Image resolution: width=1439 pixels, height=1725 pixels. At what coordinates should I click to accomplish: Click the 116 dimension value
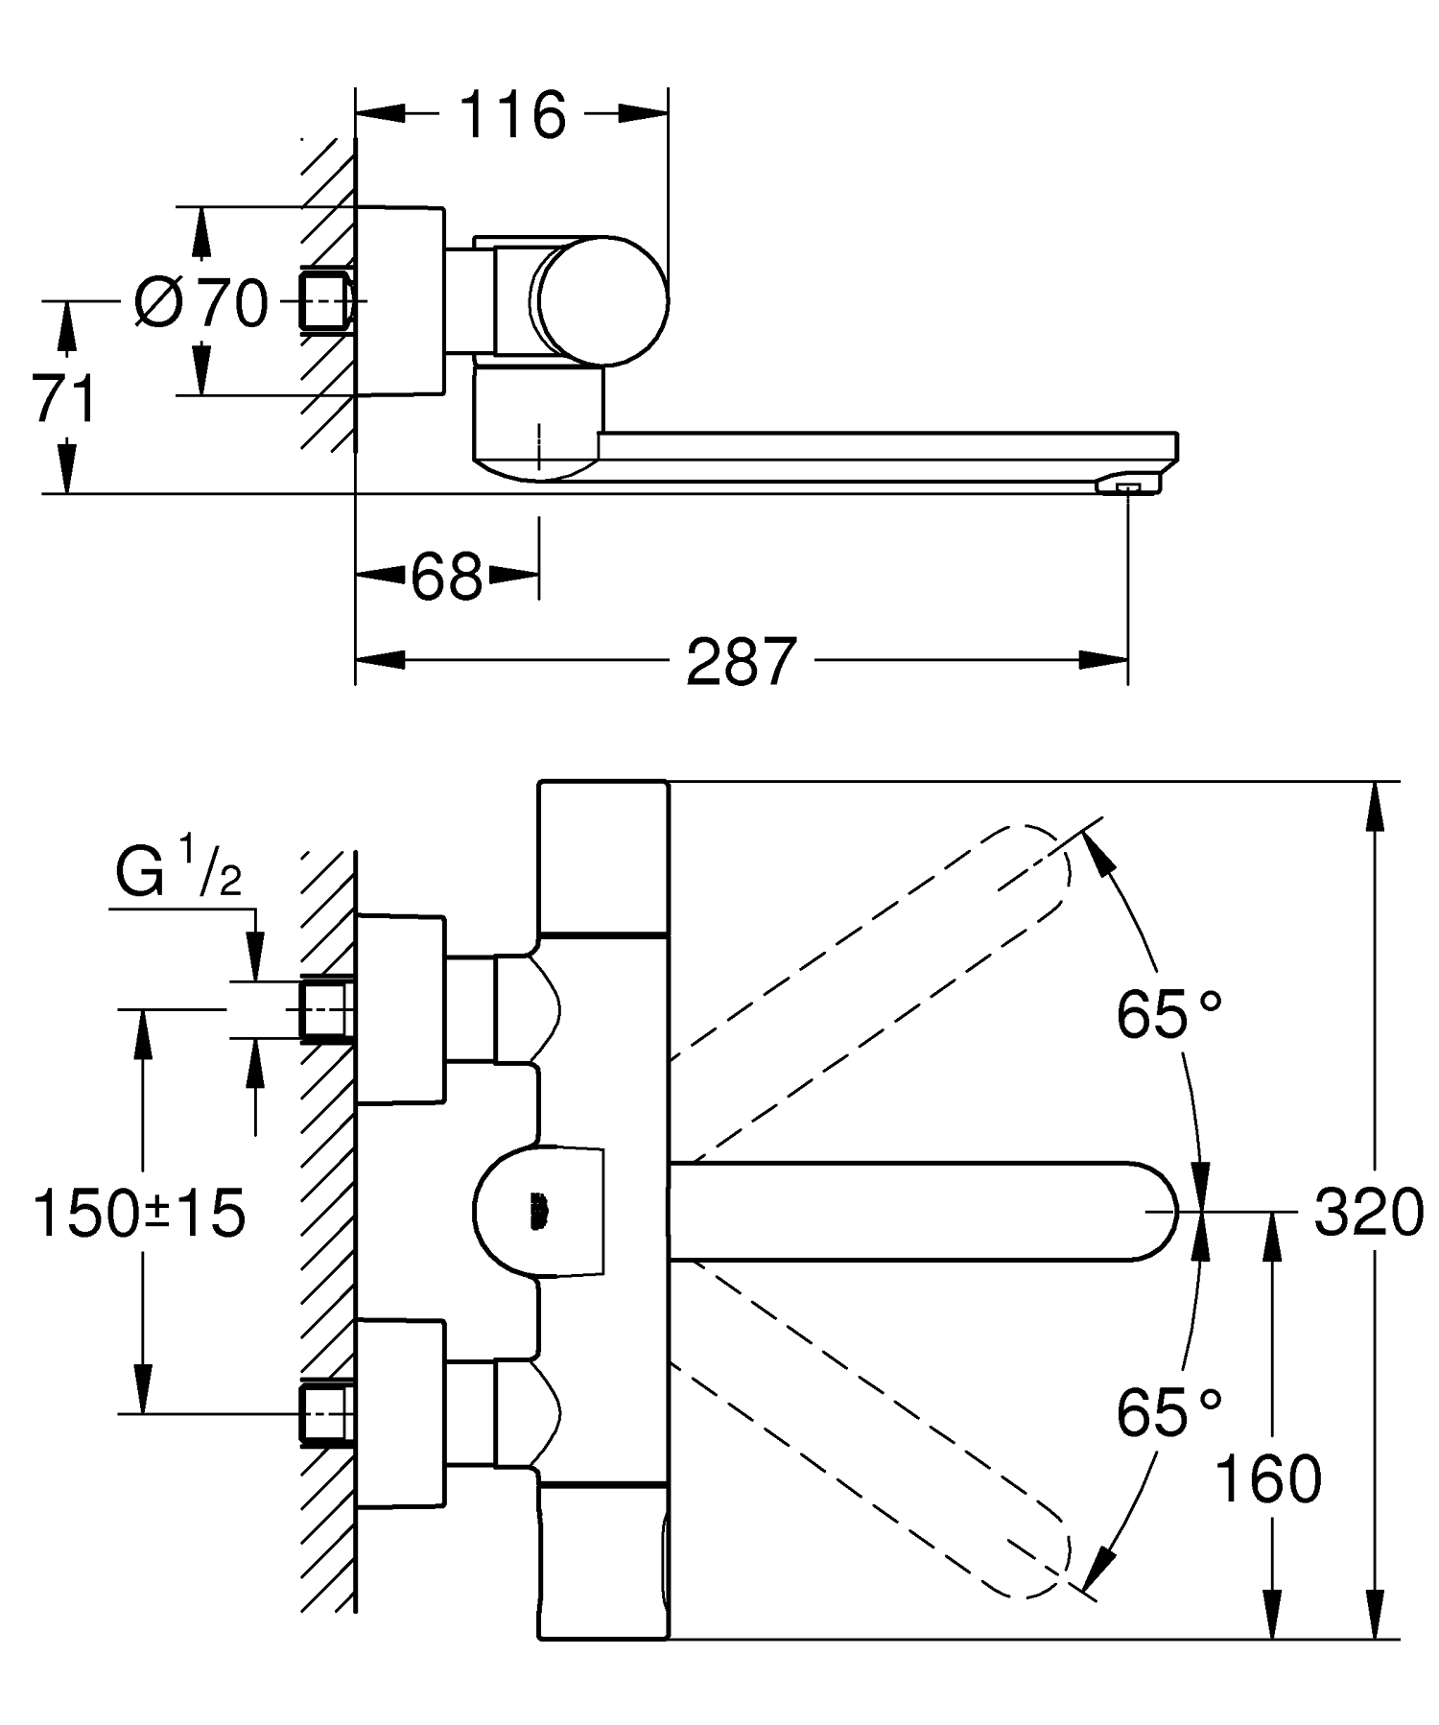pos(512,115)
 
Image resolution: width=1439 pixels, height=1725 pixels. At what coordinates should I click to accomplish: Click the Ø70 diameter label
pos(202,303)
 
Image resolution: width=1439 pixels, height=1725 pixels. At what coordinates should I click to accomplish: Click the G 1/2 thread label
pos(178,867)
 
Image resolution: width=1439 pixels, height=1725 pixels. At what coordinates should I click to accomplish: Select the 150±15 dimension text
pos(140,1213)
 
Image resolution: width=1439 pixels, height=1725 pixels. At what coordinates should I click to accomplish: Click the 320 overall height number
pos(1367,1213)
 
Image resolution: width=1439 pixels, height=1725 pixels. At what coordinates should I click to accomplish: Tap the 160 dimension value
pos(1267,1478)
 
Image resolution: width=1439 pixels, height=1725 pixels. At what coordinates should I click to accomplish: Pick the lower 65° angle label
pos(1168,1411)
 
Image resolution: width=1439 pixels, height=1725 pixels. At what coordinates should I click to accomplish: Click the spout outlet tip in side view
pos(1128,487)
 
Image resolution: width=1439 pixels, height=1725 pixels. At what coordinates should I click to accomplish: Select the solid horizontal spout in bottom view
pos(921,1211)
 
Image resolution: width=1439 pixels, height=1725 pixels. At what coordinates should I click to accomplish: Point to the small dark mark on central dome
pos(539,1212)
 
